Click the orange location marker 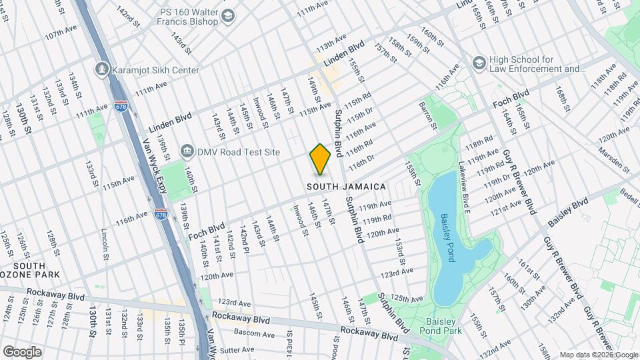coord(320,159)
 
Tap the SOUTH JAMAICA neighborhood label coord(347,187)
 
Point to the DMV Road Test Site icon coord(188,151)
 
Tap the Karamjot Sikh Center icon coord(102,69)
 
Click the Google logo coord(21,351)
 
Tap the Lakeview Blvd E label coord(465,183)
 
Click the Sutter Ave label coord(237,349)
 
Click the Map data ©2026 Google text coord(597,355)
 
